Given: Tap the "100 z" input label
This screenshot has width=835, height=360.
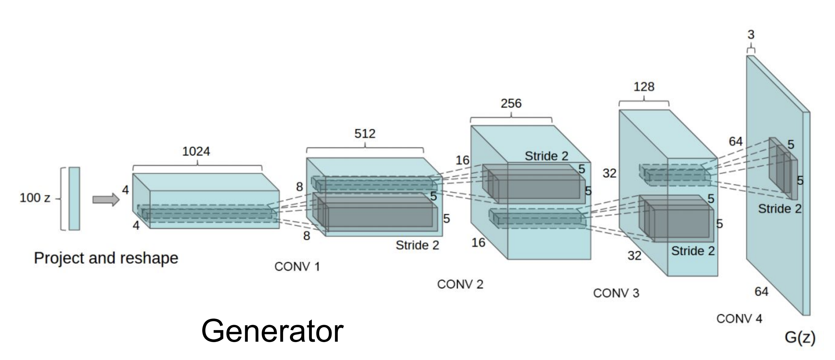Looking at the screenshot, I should coord(35,198).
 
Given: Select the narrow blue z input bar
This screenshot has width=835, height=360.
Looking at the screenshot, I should coord(74,199).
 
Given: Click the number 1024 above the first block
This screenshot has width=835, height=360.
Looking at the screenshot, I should coord(196,151).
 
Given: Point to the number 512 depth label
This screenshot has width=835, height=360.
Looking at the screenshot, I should coord(365,134).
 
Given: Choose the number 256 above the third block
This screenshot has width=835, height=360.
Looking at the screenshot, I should coord(511,104).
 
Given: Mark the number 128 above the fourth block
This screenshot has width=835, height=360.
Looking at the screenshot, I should coord(644,87).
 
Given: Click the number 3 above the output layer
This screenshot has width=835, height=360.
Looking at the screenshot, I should coord(751,35).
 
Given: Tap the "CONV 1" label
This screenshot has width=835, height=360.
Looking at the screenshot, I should coord(297,267).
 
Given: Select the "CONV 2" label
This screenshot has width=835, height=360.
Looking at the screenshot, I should coord(460,284).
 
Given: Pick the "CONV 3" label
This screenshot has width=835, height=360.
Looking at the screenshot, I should coord(616,293).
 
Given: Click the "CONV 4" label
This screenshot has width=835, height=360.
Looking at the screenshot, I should coord(739,319).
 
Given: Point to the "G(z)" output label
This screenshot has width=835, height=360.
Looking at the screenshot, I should coord(800,337).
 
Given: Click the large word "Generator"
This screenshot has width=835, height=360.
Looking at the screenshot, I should coord(272,331).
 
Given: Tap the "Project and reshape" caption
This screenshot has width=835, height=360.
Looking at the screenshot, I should coord(106,258).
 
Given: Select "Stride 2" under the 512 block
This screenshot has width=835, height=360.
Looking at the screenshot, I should coord(417,245).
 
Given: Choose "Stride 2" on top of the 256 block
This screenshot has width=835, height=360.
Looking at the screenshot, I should coord(546,156).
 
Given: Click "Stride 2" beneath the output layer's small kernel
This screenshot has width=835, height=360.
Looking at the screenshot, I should coord(780,209).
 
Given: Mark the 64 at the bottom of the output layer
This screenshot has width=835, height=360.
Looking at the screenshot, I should coord(761,292).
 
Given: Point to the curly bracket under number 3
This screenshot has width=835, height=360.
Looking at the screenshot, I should coord(751,48).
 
